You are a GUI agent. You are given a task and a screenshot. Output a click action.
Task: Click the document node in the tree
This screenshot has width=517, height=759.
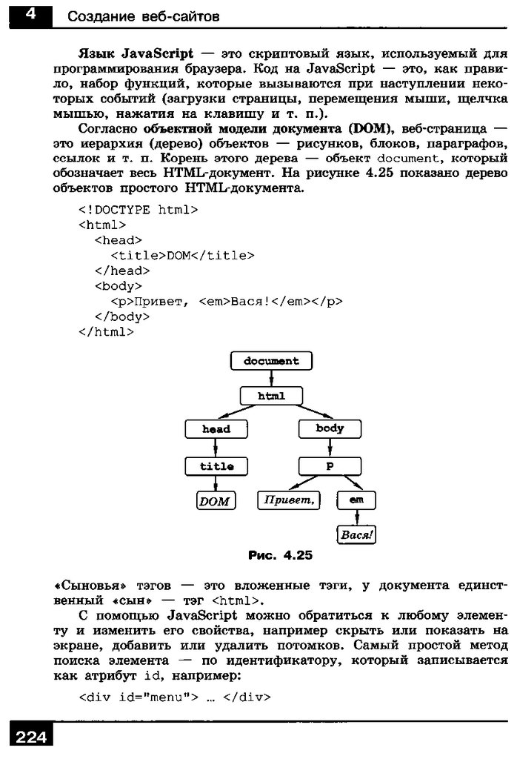tap(271, 361)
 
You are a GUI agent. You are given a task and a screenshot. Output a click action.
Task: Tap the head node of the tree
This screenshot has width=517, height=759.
tap(216, 428)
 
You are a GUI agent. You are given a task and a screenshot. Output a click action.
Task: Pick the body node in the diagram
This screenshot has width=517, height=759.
tap(330, 428)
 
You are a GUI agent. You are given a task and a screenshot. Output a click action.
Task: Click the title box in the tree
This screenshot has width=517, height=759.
tap(216, 466)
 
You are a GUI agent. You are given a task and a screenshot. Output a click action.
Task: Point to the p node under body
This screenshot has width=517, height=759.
tap(330, 466)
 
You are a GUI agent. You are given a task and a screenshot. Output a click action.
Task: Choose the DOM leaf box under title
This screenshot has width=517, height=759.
tap(215, 502)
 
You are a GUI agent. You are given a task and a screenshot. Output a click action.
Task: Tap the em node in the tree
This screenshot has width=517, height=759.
tap(356, 501)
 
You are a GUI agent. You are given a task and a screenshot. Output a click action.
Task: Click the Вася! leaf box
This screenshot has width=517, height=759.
tap(356, 534)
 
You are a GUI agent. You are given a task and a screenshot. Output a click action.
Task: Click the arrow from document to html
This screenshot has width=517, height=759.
tap(271, 378)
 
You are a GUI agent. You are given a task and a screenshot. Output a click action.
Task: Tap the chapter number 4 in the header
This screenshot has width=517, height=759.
tap(27, 14)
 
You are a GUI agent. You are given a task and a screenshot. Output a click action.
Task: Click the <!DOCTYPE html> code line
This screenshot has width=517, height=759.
tap(138, 210)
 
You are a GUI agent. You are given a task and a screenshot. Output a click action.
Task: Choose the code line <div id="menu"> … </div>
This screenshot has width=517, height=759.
tap(175, 697)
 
